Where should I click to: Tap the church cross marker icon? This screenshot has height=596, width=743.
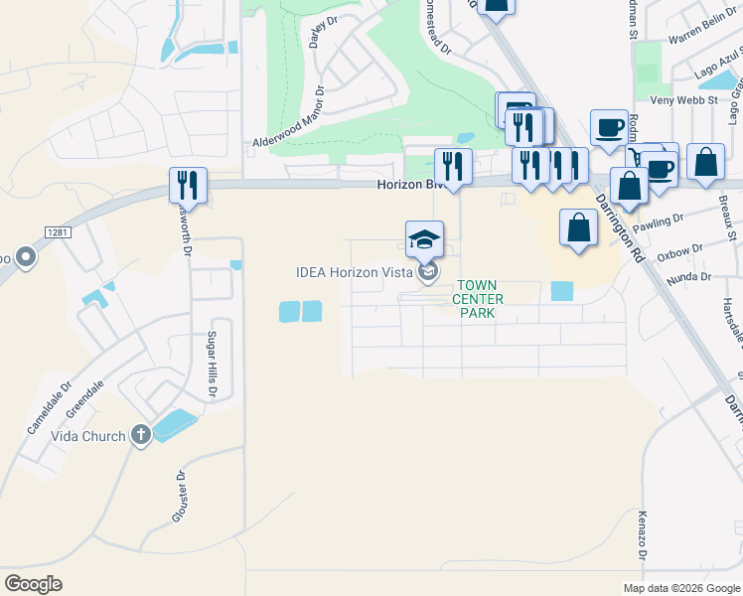point(141,435)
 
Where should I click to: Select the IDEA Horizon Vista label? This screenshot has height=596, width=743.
point(354,272)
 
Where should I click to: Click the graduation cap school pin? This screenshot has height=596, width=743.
point(424,239)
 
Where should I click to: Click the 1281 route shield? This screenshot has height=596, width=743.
point(58,231)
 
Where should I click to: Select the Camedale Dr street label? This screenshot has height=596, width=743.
point(50,409)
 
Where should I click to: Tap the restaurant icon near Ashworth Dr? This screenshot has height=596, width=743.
point(187,185)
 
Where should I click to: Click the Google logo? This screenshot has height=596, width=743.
point(33,583)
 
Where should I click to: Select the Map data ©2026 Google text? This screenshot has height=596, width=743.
point(680,587)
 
